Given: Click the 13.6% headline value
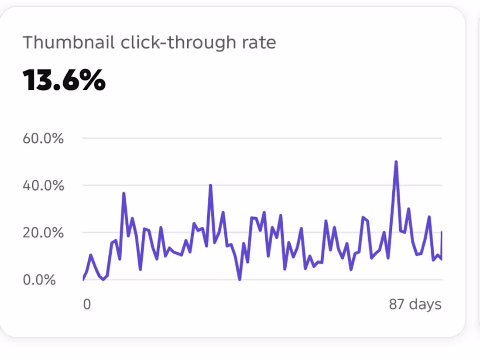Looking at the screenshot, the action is pos(64,80).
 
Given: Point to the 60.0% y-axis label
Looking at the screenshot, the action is pos(43,138).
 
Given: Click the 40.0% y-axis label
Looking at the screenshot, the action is pos(44,185).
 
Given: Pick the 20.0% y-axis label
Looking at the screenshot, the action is pos(43,233).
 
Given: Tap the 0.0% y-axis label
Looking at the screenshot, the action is pos(39,280).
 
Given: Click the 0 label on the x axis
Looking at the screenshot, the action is pos(87,304).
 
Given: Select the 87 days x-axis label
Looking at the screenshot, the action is pos(415,304).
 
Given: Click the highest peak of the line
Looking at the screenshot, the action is pos(396,161).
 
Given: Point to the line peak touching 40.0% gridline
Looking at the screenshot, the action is pos(210,185).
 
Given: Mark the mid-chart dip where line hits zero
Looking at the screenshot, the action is pos(240,279).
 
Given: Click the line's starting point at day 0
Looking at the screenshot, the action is pos(83,278).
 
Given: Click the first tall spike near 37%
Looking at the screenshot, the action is pos(123,193).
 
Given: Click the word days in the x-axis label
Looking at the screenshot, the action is pos(425,305).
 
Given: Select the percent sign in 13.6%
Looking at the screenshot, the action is pos(93,80).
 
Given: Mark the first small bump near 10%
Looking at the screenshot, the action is pos(91,255).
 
